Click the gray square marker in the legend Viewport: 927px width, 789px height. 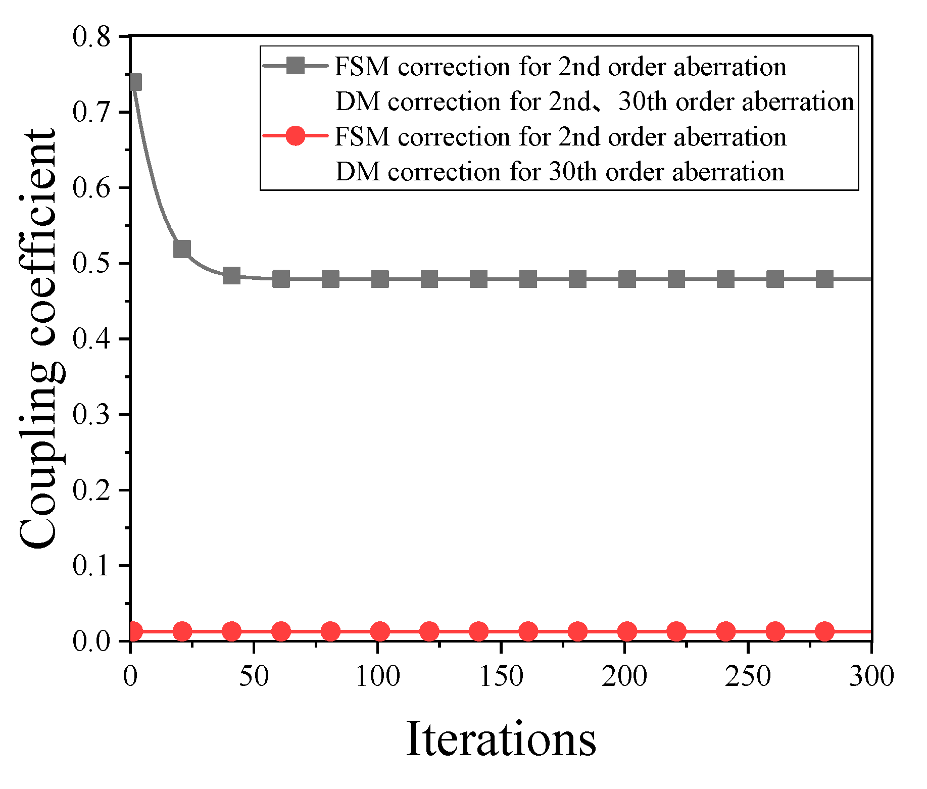[296, 66]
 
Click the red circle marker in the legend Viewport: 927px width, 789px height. [296, 136]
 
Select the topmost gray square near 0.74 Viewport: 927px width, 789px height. [134, 82]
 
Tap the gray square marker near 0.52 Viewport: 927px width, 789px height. [182, 249]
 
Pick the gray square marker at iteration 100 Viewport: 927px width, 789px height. [380, 279]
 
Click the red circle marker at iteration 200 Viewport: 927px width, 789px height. [627, 631]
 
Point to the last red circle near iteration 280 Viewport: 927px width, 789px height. [824, 631]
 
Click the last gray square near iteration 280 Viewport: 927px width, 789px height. [824, 279]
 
